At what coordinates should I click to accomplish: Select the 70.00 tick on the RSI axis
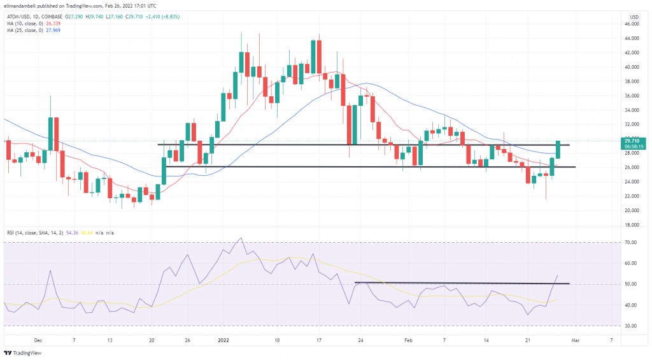pyautogui.click(x=632, y=243)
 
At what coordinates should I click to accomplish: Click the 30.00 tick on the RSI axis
pyautogui.click(x=632, y=326)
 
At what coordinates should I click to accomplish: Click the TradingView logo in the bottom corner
pyautogui.click(x=20, y=352)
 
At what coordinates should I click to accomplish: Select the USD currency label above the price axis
pyautogui.click(x=634, y=16)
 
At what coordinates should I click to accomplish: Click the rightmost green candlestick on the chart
pyautogui.click(x=558, y=150)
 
